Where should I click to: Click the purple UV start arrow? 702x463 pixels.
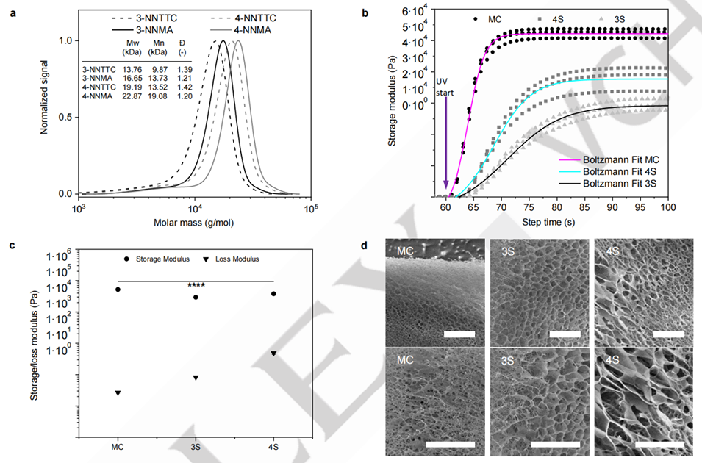[x=445, y=147]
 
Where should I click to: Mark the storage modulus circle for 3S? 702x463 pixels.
[x=196, y=297]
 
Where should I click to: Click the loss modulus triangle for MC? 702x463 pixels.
[x=118, y=393]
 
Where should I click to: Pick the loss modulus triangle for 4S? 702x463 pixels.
[x=273, y=353]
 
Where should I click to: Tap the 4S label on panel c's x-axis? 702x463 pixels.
[x=273, y=447]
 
